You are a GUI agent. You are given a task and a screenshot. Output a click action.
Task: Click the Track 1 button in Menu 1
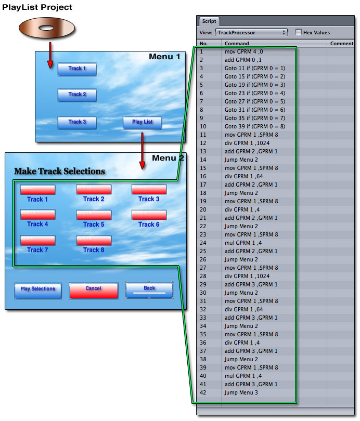coord(77,69)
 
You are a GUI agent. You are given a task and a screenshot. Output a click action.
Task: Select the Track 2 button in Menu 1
coord(77,95)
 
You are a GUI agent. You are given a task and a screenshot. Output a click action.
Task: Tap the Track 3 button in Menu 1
coord(77,122)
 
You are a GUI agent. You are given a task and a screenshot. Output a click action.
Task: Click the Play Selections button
coord(38,290)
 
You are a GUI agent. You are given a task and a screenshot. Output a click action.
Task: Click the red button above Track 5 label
coord(94,215)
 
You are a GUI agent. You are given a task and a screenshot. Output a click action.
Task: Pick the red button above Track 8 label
coord(94,240)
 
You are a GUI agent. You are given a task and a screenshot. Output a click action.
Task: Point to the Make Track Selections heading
coord(59,171)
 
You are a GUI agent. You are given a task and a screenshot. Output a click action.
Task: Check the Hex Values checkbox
coord(299,32)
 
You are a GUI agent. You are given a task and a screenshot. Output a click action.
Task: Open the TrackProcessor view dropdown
coord(252,32)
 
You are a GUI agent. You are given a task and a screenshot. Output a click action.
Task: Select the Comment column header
coord(342,44)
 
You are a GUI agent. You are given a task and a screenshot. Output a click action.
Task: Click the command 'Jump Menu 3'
coord(242,392)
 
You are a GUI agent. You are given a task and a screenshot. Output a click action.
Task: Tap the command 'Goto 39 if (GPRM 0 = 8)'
coord(254,126)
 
